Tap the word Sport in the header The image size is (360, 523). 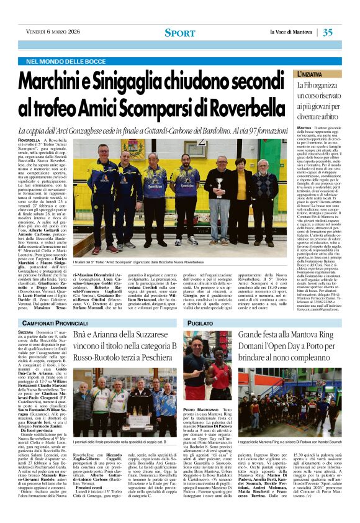click(x=180, y=32)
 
